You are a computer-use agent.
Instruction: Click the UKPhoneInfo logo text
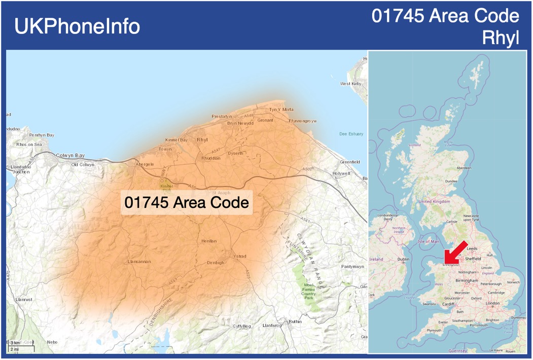point(77,26)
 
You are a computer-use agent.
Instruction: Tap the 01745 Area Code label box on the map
point(187,203)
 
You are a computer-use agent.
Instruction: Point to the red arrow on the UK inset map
point(455,252)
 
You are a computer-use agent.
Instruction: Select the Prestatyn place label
point(222,117)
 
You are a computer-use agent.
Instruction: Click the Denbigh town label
point(216,263)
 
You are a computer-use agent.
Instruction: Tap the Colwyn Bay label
point(70,155)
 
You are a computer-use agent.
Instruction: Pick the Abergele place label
point(145,164)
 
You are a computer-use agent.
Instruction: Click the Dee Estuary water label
point(351,134)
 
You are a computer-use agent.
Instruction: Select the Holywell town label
point(341,173)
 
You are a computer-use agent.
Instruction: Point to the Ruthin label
point(295,321)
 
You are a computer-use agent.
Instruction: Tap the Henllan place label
point(209,241)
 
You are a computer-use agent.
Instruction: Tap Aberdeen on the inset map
point(464,168)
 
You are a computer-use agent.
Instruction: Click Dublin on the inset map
point(404,259)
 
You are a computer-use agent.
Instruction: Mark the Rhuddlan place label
point(211,158)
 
